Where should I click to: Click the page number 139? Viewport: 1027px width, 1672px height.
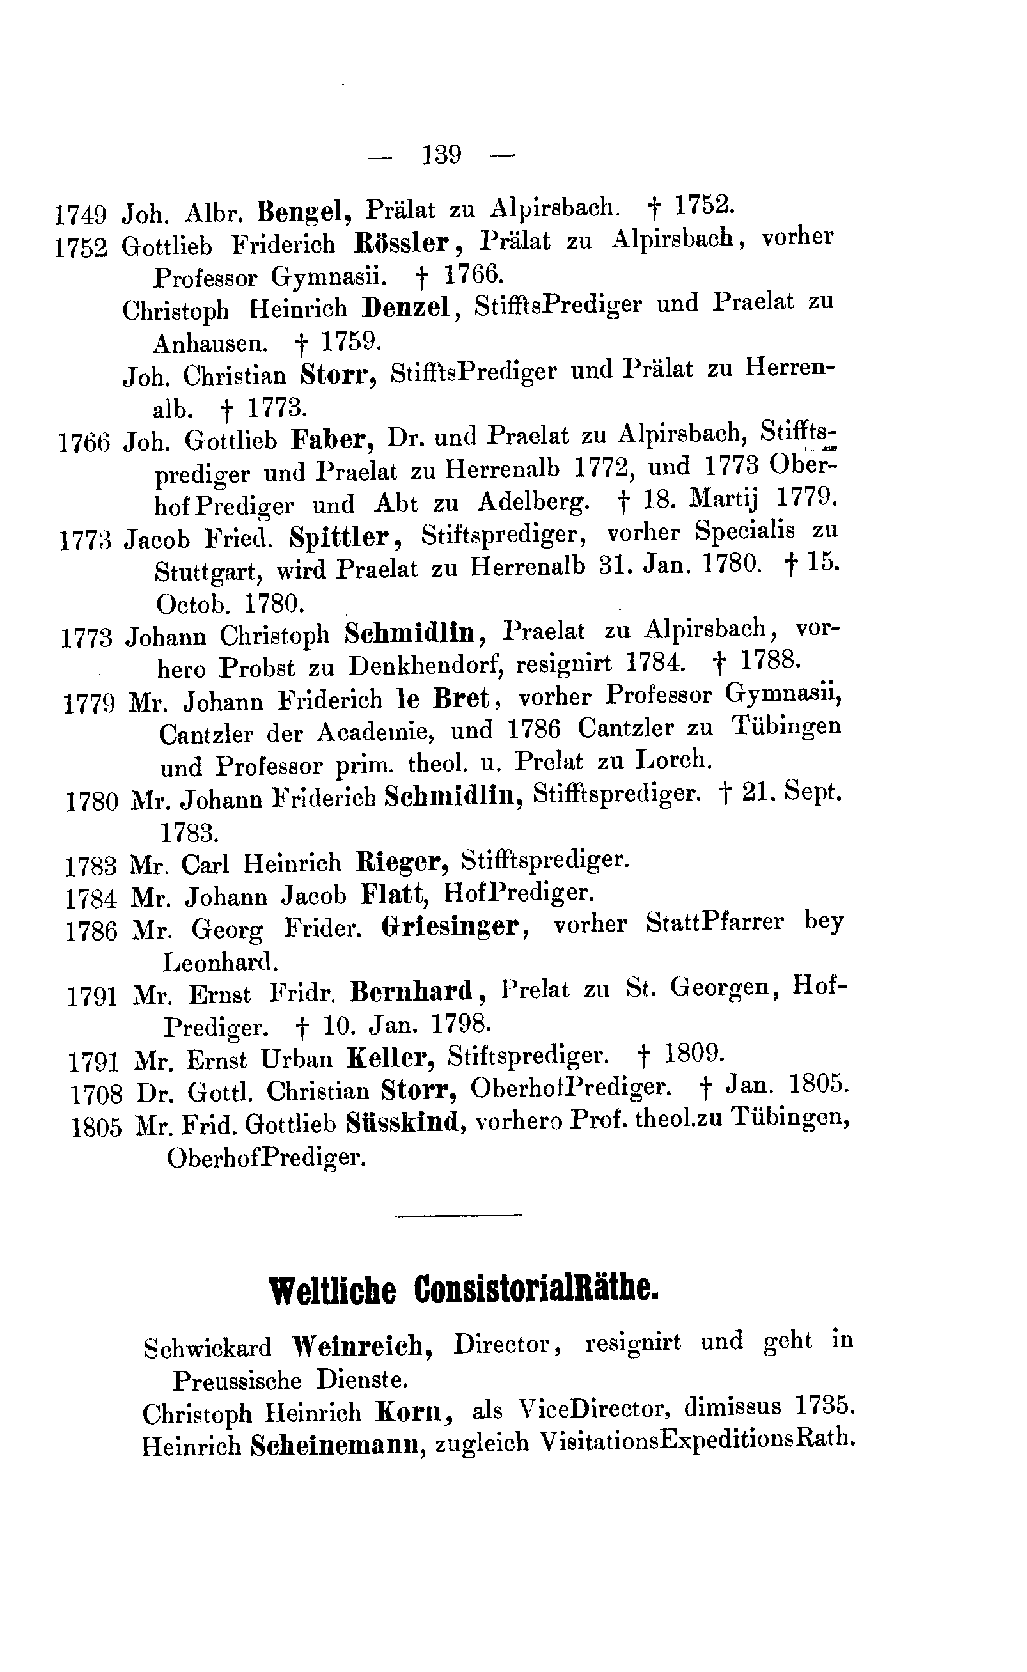point(441,155)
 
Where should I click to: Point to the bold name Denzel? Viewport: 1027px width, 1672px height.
point(407,308)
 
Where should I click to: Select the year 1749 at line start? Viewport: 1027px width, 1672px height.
point(80,215)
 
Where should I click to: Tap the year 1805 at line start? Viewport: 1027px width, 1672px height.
point(97,1128)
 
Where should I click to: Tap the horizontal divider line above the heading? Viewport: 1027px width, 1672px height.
point(458,1215)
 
